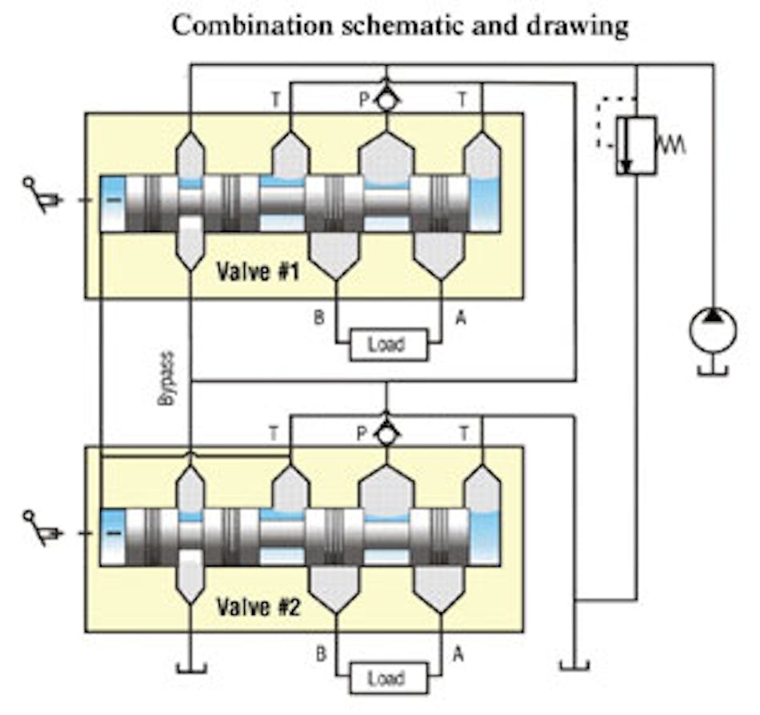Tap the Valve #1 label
pos(258,271)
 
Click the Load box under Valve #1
pos(386,345)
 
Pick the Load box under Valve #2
pos(386,679)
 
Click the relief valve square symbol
pos(636,145)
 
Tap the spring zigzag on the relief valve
pos(670,146)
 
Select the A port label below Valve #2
pos(459,654)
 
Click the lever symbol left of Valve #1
pos(42,195)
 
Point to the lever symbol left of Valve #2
pos(42,528)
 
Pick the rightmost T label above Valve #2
pos(462,433)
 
